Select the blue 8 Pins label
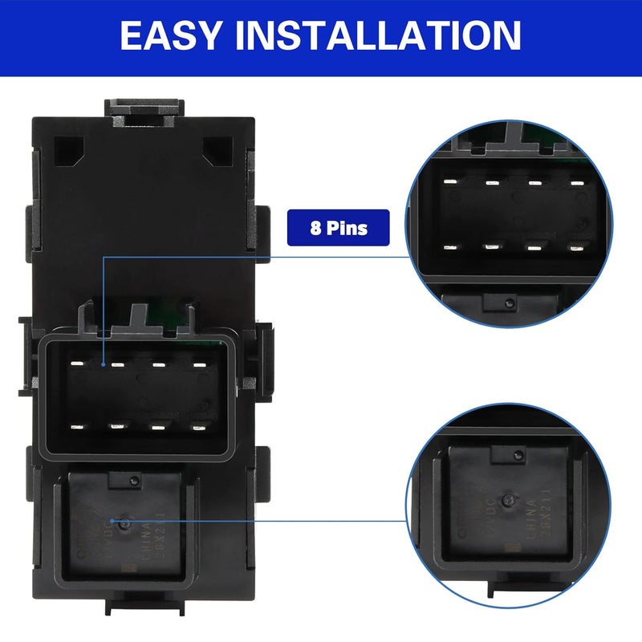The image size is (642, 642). (x=338, y=228)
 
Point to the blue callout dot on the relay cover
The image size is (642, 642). (x=123, y=522)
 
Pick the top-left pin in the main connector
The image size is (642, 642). (x=77, y=364)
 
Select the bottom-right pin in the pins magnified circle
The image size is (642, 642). (x=574, y=248)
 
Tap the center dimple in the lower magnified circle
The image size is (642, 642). (x=507, y=501)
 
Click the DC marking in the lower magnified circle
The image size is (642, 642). (x=491, y=514)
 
